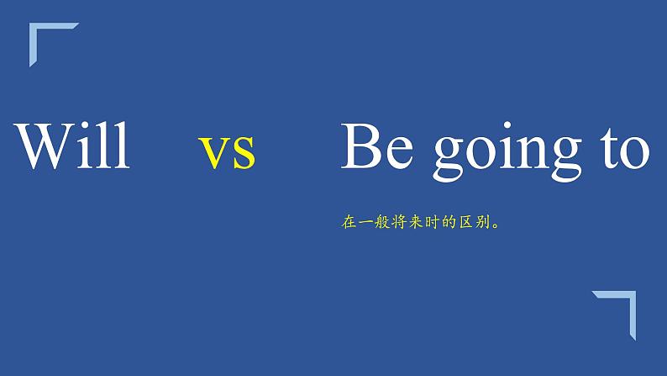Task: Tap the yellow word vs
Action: pyautogui.click(x=228, y=151)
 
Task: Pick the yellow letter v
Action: pyautogui.click(x=214, y=153)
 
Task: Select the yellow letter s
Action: pyautogui.click(x=243, y=153)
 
